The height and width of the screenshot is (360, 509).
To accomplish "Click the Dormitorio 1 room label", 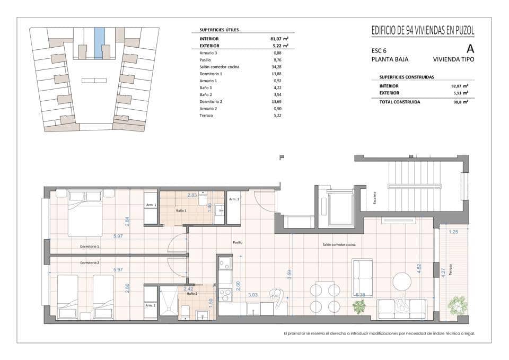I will pos(90,247).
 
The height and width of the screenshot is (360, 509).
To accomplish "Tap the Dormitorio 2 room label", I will pos(90,263).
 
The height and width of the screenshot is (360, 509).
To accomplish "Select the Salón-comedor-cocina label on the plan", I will pos(339,244).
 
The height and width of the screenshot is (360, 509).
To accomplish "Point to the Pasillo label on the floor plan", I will pos(238,242).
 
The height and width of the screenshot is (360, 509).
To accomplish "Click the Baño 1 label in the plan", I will pos(181,211).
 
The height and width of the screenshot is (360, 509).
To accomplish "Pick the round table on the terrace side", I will pos(402,282).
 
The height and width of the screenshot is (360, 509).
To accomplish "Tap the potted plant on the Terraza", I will pos(457,305).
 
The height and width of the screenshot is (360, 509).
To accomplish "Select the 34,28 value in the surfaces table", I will pos(277,67).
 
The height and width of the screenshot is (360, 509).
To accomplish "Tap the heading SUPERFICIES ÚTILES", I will pos(219,30).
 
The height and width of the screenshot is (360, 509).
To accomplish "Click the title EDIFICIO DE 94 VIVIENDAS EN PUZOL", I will pos(423,31).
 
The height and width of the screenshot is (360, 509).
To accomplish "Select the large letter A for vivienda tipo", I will pos(470,48).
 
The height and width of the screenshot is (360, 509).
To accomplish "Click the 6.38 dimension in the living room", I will pos(360,295).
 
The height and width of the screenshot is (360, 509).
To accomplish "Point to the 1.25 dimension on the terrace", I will pos(453,232).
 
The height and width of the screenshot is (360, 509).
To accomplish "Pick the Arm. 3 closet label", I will pos(234,199).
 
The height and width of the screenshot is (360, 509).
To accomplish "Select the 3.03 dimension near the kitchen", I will pos(253,295).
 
